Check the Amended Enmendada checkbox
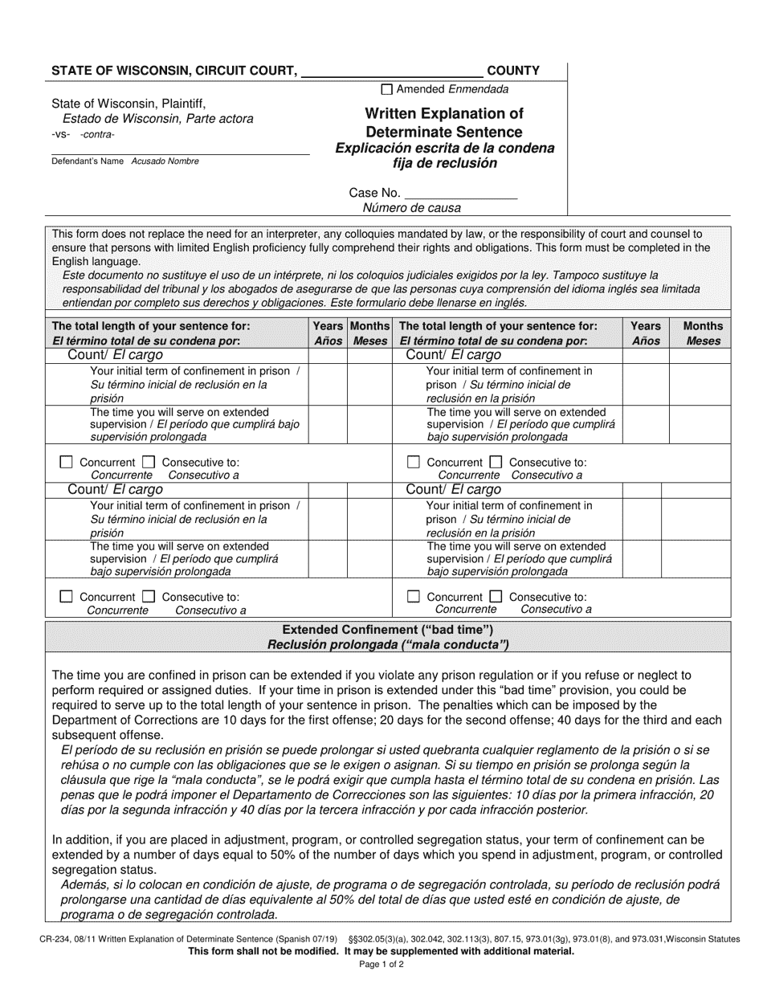387,90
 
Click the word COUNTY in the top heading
513,71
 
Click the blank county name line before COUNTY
391,72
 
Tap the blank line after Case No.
460,194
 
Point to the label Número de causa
412,208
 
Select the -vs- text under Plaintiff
60,134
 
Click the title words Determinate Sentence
443,132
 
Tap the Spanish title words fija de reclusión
444,163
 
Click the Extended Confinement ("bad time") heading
388,631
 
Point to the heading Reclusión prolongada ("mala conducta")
388,644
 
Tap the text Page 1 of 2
381,965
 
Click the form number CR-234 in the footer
50,938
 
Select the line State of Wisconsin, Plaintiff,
129,103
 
